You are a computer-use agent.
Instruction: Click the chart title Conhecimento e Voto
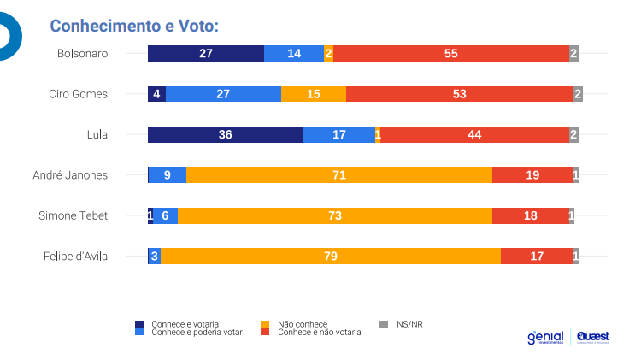[134, 26]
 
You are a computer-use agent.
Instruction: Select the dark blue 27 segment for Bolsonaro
[206, 53]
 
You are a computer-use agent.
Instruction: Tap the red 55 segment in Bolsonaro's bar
[450, 53]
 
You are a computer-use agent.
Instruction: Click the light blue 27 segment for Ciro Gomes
[223, 94]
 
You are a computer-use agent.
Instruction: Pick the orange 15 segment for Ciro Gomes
[314, 94]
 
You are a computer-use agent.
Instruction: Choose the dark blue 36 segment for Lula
[226, 134]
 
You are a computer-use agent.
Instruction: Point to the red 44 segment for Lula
[474, 134]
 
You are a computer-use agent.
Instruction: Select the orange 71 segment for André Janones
[339, 175]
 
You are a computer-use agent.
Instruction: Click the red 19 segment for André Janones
[532, 175]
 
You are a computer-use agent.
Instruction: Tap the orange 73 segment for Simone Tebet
[335, 215]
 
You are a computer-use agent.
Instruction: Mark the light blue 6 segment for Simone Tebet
[165, 215]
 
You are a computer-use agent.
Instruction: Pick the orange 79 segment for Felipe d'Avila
[331, 256]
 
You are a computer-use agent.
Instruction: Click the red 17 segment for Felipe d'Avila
[537, 256]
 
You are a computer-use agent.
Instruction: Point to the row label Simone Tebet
[74, 215]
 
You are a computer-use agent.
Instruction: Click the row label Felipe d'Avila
[76, 256]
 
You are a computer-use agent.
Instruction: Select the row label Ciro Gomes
[79, 94]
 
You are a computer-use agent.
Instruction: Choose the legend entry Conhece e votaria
[185, 324]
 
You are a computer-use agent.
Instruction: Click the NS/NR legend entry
[409, 324]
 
